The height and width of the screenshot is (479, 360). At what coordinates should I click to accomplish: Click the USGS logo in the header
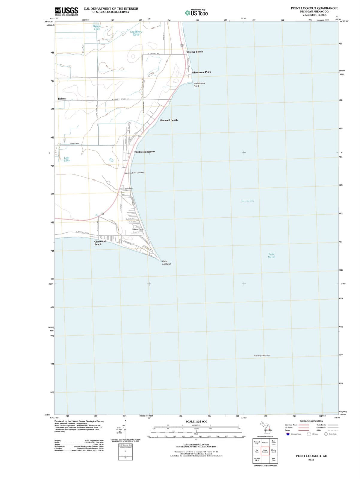(66, 11)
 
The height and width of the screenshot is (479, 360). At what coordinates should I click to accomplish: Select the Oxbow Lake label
(97, 28)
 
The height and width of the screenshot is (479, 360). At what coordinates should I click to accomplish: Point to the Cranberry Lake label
(136, 33)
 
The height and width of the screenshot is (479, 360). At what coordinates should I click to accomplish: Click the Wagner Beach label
(194, 52)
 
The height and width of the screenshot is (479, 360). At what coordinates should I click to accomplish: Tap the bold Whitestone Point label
(201, 72)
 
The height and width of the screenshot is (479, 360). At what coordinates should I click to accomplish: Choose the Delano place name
(62, 98)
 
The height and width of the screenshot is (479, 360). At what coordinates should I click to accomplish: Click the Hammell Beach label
(168, 120)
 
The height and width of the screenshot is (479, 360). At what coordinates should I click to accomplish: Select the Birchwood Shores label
(145, 152)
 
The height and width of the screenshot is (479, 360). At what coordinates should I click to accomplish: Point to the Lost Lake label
(67, 159)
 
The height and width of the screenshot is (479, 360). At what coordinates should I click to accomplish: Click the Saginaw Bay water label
(247, 201)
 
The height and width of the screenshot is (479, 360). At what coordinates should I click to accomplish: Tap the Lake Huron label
(272, 255)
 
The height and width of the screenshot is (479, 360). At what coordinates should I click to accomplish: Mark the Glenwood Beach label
(100, 243)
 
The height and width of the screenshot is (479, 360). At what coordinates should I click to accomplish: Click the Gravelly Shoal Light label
(262, 355)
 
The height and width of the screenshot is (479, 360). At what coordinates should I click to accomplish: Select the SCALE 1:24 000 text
(196, 422)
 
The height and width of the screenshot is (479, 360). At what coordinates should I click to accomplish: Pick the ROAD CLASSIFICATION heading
(311, 421)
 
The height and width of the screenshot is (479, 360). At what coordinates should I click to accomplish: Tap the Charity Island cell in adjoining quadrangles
(273, 451)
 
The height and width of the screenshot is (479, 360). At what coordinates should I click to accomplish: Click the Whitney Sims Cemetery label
(134, 173)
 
